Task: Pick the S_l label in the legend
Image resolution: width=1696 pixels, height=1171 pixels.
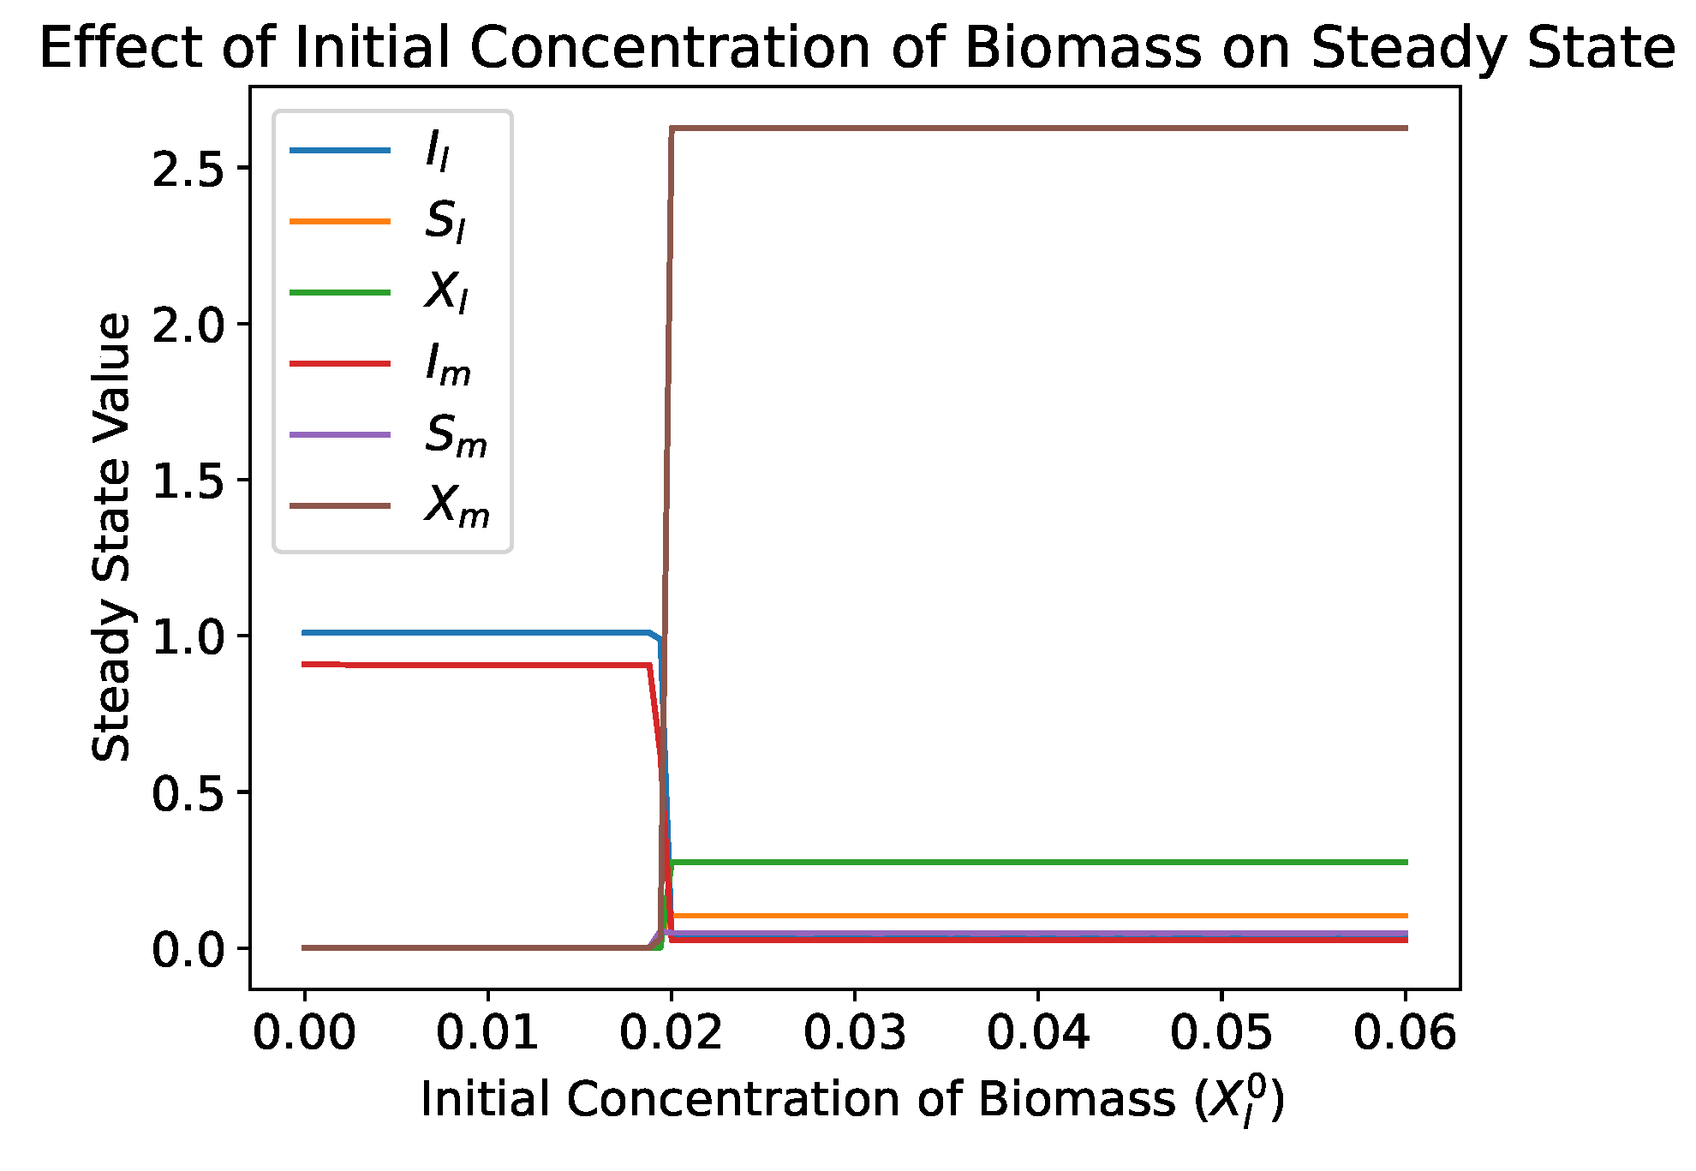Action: pyautogui.click(x=445, y=222)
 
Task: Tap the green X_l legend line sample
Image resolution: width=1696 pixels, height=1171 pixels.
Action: pyautogui.click(x=340, y=293)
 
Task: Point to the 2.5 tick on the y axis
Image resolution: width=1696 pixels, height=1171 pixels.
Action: pyautogui.click(x=188, y=168)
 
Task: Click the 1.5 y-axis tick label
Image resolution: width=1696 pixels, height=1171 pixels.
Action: pyautogui.click(x=188, y=481)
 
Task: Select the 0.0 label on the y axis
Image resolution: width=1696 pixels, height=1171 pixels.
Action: pyautogui.click(x=188, y=949)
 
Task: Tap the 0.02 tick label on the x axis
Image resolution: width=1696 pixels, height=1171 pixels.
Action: pyautogui.click(x=671, y=1032)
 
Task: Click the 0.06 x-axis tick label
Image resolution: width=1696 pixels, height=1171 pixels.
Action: pyautogui.click(x=1405, y=1032)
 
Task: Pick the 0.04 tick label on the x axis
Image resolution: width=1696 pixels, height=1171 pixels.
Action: pyautogui.click(x=1038, y=1032)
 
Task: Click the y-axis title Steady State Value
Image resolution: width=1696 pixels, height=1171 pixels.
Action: pyautogui.click(x=112, y=537)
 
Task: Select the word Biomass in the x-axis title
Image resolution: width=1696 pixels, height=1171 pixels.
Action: pyautogui.click(x=1077, y=1100)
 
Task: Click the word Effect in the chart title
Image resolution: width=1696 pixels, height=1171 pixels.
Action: pyautogui.click(x=120, y=48)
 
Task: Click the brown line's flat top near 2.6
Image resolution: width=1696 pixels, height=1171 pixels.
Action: pyautogui.click(x=1028, y=128)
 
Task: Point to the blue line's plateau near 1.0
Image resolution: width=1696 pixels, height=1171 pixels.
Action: pyautogui.click(x=471, y=633)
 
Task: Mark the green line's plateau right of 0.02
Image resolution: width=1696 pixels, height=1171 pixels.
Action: pyautogui.click(x=1028, y=862)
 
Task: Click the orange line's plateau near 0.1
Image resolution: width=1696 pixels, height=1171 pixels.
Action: pyautogui.click(x=1028, y=916)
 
